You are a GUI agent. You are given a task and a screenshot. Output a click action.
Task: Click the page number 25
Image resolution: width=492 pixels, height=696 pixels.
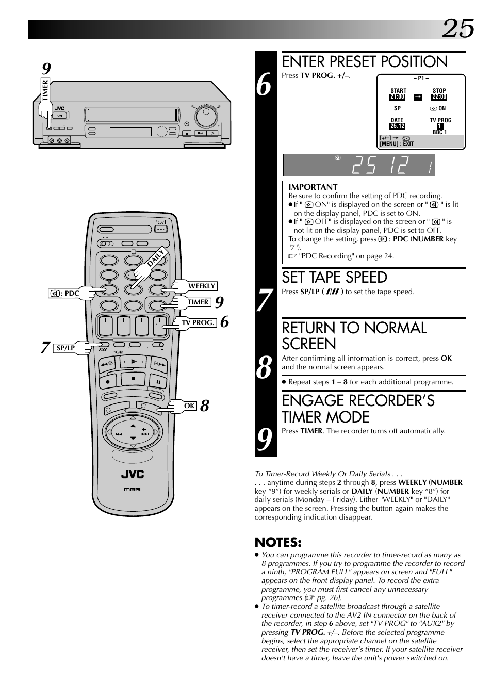[458, 28]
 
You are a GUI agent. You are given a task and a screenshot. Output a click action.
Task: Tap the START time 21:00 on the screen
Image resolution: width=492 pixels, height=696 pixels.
[397, 96]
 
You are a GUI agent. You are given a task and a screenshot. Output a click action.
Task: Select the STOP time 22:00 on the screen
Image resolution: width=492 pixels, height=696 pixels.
[439, 96]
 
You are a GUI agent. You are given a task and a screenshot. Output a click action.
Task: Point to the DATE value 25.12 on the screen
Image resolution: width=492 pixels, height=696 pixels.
[397, 126]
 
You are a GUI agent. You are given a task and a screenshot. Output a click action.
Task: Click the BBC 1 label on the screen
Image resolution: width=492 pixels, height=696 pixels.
[439, 132]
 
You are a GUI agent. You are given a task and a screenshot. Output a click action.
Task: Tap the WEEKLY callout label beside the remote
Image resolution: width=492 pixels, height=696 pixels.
[202, 286]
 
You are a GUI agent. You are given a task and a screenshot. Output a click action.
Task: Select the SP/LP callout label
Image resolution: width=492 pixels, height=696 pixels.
[65, 348]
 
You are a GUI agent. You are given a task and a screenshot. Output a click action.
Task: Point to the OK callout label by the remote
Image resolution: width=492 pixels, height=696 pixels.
[189, 406]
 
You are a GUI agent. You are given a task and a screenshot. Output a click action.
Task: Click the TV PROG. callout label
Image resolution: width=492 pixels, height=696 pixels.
[198, 322]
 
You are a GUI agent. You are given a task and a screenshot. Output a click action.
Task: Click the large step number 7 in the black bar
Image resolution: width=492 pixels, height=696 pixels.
[265, 300]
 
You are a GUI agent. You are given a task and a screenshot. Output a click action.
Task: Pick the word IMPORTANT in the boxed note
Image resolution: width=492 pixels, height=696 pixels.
[313, 187]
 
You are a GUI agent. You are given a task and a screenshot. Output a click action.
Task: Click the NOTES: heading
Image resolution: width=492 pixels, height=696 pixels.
[278, 542]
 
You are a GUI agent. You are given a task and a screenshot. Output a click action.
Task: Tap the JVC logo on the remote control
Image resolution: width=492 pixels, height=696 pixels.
[133, 474]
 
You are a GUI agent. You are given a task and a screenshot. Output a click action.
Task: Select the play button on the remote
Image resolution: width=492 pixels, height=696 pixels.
[134, 361]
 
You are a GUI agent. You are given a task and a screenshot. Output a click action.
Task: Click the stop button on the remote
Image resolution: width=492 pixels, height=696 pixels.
[133, 379]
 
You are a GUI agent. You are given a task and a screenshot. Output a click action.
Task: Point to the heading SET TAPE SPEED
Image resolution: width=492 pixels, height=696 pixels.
[334, 278]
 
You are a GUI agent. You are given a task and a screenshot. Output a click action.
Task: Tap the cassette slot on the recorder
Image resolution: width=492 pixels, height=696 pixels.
[132, 115]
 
